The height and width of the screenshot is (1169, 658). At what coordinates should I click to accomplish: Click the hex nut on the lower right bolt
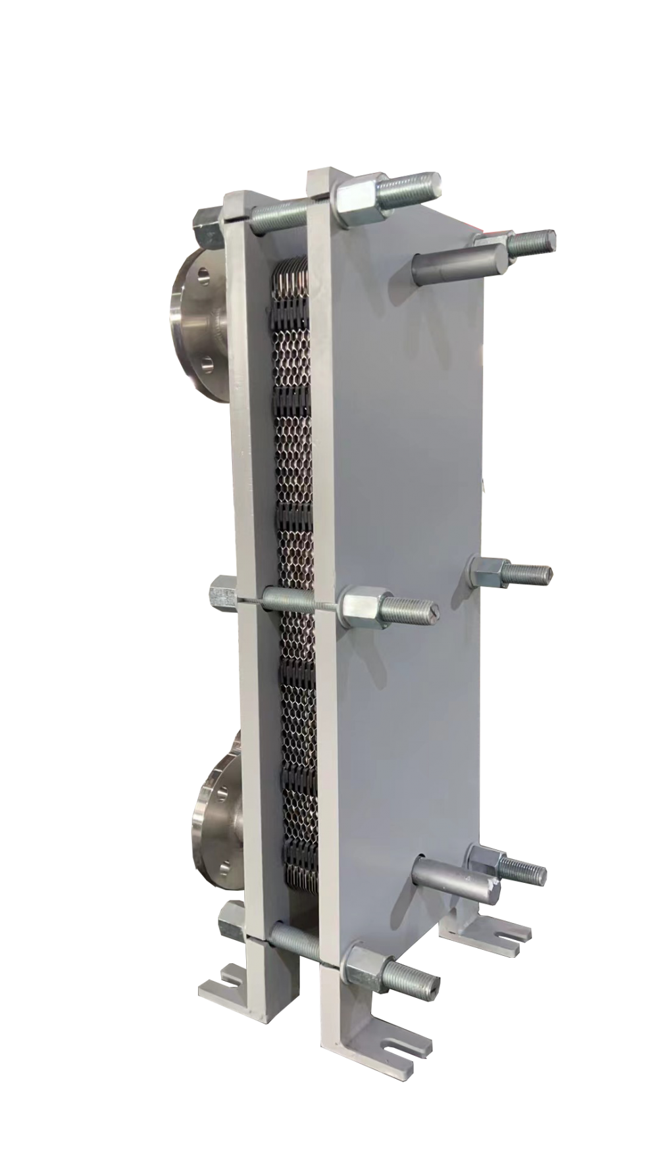tap(486, 861)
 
